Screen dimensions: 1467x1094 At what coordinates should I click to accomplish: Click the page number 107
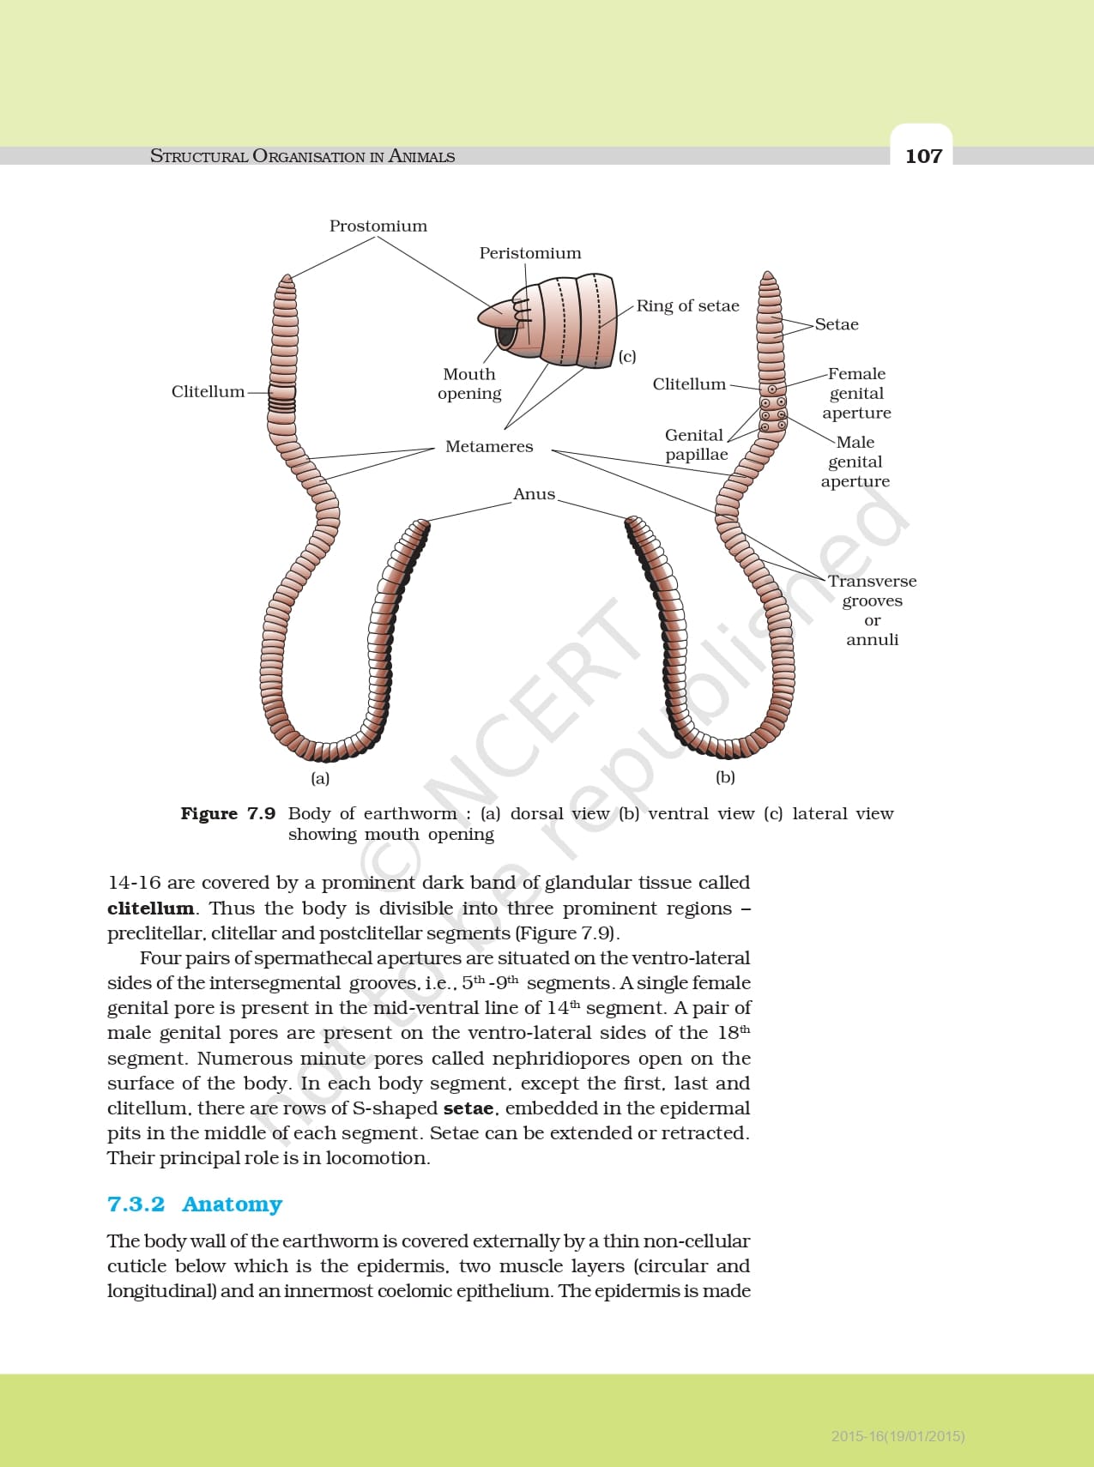click(x=923, y=155)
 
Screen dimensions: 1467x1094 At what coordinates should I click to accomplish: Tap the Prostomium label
click(x=378, y=226)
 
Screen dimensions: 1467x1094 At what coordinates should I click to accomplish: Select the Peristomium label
click(x=529, y=253)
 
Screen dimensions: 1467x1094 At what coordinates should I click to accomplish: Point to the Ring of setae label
click(x=687, y=305)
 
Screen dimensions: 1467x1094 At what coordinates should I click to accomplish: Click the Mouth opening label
click(x=468, y=383)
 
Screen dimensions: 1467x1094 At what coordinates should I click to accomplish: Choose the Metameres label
click(x=489, y=446)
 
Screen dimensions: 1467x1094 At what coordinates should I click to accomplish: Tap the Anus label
click(x=534, y=494)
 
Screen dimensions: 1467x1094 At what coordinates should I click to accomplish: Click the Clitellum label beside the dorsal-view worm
click(x=208, y=391)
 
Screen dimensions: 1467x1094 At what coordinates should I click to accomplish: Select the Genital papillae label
click(x=695, y=444)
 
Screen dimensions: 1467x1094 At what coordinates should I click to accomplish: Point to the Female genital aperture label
click(x=856, y=393)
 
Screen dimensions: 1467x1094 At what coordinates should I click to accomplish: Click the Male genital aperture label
click(x=855, y=462)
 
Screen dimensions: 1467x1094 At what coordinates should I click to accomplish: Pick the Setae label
click(x=837, y=324)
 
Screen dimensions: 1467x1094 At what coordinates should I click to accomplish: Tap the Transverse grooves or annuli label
click(x=872, y=610)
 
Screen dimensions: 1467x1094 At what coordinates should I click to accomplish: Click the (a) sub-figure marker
click(x=320, y=778)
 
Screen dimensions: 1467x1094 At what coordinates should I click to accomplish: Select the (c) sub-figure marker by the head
click(x=627, y=356)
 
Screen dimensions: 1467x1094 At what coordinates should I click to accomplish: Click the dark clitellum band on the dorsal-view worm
click(x=281, y=397)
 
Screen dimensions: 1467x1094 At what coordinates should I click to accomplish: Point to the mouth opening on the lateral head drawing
click(x=506, y=336)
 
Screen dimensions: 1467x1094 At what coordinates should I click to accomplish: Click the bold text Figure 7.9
click(x=227, y=813)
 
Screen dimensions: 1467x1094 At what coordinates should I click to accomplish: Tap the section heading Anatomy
click(x=232, y=1204)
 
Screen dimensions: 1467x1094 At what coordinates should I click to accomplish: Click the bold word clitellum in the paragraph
click(x=150, y=909)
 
